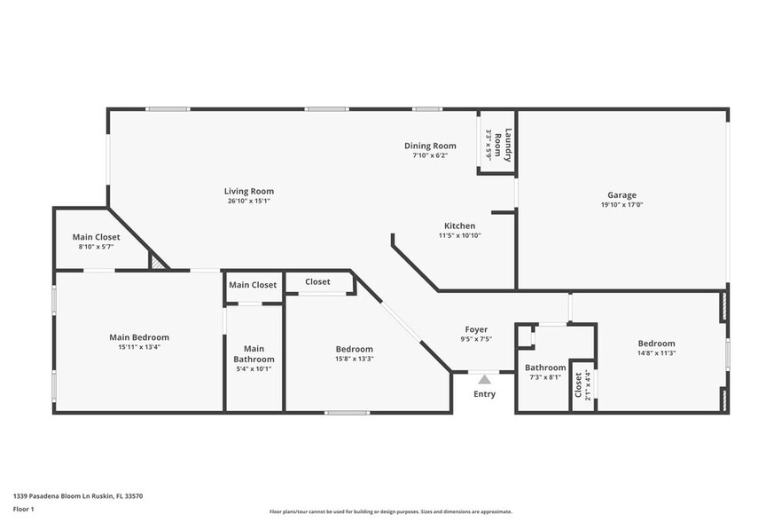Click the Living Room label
248,191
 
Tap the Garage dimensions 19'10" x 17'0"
622,205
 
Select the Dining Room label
430,146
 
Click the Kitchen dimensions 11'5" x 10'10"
459,236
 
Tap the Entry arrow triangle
484,379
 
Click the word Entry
484,394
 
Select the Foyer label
477,328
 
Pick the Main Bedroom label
139,337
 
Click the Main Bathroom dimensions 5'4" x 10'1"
254,369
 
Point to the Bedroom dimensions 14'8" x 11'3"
656,353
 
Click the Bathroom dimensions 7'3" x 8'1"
544,377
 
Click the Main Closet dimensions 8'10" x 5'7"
96,248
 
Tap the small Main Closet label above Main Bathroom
253,285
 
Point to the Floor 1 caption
23,509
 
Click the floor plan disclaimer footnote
390,511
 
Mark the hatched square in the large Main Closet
158,261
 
